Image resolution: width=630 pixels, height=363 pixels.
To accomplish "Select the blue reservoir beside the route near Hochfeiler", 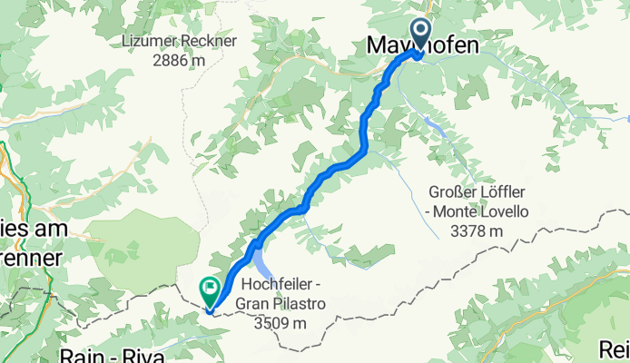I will click(x=261, y=266).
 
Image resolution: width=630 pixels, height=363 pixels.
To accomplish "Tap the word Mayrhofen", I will click(x=422, y=44).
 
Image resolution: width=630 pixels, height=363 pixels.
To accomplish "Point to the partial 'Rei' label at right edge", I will click(x=615, y=349).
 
